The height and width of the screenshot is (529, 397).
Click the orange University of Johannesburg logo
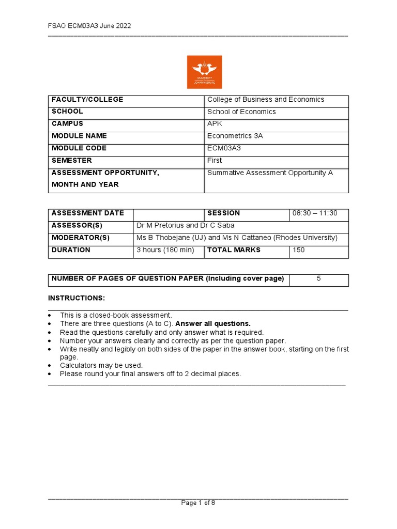click(204, 72)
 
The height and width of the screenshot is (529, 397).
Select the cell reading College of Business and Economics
click(266, 100)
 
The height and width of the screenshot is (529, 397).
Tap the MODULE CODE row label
click(79, 148)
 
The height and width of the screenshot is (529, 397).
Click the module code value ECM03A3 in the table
click(224, 148)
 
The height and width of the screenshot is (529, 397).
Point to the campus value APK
click(213, 124)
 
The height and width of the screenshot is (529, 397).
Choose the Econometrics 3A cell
click(235, 136)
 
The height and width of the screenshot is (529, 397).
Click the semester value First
click(215, 161)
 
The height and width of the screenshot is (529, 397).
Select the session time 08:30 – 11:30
click(314, 213)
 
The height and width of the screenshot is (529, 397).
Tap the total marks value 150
click(299, 250)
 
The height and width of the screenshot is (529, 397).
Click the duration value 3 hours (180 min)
click(164, 250)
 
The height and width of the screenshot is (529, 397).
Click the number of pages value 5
click(318, 279)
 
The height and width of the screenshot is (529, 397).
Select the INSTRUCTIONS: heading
click(77, 299)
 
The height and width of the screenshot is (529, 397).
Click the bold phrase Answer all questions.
click(213, 324)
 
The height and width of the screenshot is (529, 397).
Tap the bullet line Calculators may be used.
click(101, 366)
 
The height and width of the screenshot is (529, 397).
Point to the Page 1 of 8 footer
click(198, 504)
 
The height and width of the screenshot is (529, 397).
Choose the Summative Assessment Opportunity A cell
click(270, 173)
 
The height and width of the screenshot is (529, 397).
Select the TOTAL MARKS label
click(234, 250)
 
